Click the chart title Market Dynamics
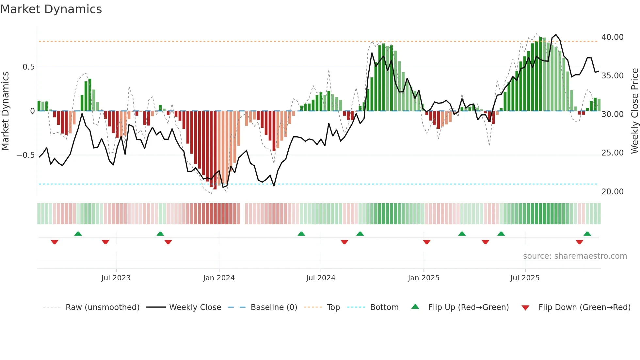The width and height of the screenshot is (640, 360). point(51,9)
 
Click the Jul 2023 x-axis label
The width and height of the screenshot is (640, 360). point(116,278)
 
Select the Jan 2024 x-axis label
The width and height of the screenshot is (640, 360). point(219,278)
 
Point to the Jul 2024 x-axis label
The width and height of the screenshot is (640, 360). point(321,278)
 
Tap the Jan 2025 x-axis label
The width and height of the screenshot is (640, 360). point(424,278)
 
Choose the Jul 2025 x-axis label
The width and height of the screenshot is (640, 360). point(525,278)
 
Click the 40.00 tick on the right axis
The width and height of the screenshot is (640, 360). point(612,37)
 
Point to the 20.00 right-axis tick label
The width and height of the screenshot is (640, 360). point(612,192)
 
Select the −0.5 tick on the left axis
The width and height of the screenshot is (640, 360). point(26,155)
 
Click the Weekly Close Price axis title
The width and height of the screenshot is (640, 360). point(634,111)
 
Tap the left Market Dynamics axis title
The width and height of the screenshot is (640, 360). point(5,111)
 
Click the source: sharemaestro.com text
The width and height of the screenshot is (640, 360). point(575,256)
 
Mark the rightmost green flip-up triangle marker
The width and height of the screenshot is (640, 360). point(587,234)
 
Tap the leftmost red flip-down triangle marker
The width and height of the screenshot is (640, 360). point(55,242)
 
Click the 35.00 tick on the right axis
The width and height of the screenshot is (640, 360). point(612,76)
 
